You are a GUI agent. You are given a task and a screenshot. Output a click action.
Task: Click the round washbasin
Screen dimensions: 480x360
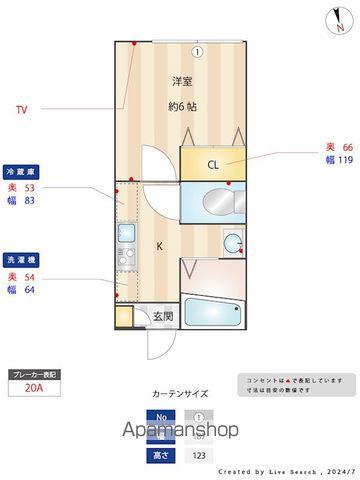233,244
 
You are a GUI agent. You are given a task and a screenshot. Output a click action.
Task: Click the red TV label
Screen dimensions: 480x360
21,111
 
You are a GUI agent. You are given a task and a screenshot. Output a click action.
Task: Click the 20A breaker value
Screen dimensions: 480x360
33,393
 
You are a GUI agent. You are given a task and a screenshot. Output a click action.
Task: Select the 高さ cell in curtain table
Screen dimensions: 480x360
160,454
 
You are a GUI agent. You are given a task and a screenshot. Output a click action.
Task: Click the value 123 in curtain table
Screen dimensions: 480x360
199,454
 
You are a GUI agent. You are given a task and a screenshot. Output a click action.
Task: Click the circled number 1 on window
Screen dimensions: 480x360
198,51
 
